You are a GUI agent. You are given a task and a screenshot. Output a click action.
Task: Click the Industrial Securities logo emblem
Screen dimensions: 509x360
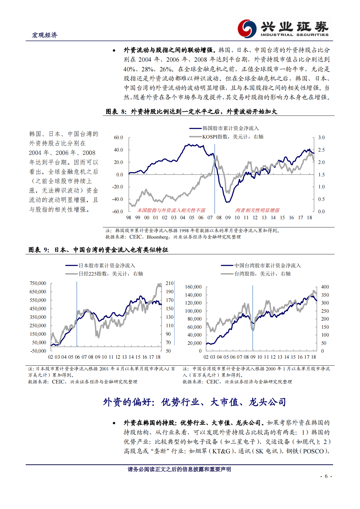coord(247,29)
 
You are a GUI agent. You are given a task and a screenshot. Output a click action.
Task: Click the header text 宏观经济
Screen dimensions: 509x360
coord(44,35)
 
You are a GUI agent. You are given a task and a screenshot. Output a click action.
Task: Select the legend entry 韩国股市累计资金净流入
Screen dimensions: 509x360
coord(231,129)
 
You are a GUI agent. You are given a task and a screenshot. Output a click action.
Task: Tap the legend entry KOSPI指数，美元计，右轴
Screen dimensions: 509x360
coord(233,137)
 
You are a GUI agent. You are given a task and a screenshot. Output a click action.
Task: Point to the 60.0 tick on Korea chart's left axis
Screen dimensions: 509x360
coord(118,138)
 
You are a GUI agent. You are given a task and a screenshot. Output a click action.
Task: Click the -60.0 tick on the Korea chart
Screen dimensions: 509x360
coord(118,211)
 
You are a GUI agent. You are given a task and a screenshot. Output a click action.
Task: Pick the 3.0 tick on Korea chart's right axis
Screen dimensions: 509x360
coord(321,138)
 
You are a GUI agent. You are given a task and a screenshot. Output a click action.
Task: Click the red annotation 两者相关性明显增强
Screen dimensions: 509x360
coord(257,210)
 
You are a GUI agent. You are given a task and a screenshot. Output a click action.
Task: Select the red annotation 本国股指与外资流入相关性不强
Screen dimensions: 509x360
coord(171,210)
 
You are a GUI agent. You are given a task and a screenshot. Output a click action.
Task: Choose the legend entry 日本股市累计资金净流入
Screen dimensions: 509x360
coord(106,266)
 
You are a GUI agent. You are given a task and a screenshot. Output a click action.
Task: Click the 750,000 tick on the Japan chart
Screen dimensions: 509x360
coord(38,283)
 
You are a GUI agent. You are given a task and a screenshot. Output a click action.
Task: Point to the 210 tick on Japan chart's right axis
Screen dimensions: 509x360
coord(170,283)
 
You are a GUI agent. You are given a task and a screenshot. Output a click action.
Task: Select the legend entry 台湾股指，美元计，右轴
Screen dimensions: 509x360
coord(262,274)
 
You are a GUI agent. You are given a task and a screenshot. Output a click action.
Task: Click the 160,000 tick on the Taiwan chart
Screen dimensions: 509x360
coord(193,287)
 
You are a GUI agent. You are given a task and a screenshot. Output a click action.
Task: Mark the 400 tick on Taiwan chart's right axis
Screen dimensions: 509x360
coord(325,287)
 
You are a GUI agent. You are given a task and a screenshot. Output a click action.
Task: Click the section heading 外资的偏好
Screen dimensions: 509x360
coord(194,402)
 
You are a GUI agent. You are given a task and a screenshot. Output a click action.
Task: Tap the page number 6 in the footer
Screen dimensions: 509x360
coord(326,476)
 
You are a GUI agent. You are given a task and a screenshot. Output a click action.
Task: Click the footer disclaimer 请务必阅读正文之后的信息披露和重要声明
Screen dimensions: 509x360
coord(179,469)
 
